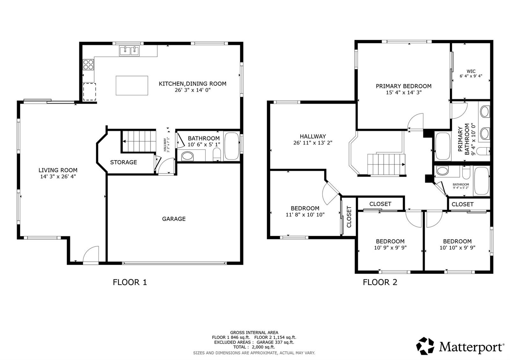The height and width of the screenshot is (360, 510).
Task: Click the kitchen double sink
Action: pos(129,51)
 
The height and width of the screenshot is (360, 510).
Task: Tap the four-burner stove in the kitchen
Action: pos(88,64)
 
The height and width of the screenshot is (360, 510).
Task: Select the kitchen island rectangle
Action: pos(132,85)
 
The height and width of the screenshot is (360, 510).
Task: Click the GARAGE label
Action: pos(174,219)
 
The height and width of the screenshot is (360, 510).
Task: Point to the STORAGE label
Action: pos(124,162)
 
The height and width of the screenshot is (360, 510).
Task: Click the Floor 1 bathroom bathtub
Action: pos(232,146)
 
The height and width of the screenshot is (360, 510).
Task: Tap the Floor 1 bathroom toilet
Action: pos(217,154)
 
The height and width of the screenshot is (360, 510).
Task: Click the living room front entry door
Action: pos(91,255)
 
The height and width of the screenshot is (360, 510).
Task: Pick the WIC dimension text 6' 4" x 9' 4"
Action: pos(471,76)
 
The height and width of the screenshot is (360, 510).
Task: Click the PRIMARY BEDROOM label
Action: pos(404,86)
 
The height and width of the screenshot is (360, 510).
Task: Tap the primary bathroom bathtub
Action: pos(443,146)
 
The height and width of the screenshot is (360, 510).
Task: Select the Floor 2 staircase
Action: pos(386,164)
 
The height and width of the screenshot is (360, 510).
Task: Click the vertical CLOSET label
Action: pos(349,217)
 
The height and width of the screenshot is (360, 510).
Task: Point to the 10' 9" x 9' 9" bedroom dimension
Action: pos(390,248)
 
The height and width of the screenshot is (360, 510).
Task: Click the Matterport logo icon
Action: pos(425,346)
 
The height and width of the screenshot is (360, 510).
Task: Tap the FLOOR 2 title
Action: pos(380,282)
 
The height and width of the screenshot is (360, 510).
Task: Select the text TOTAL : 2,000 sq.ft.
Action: pos(254,347)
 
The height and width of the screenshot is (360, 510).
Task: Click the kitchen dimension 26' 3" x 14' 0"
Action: pos(193,90)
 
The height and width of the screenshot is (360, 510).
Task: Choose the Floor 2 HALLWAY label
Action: pos(313,136)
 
